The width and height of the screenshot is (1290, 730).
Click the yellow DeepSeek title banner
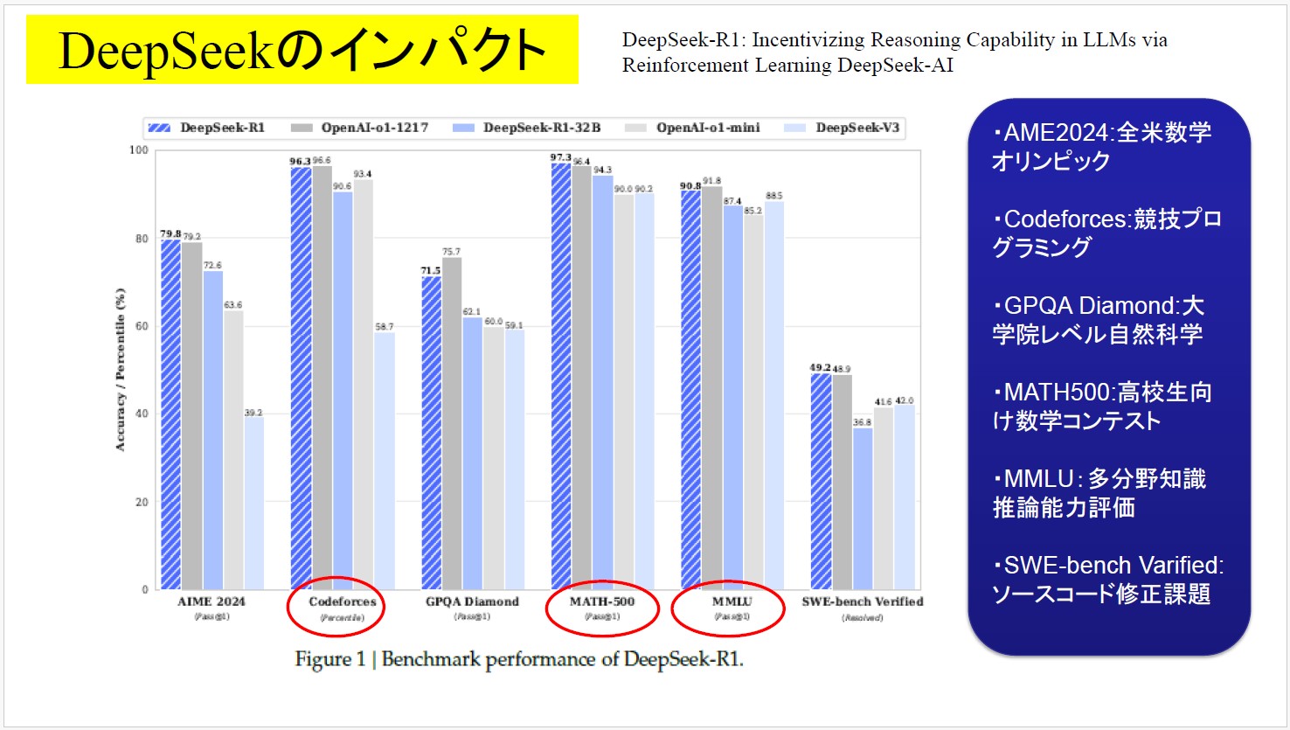tap(302, 50)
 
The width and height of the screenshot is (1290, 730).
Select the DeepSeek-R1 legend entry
tap(207, 128)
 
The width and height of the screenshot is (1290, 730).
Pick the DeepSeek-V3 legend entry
tap(843, 128)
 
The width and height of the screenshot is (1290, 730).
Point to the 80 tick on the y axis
tap(140, 239)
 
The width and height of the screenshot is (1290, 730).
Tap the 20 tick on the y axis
tap(140, 503)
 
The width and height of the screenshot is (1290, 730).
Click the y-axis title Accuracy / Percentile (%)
tap(121, 370)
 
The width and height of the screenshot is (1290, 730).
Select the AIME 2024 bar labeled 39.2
tap(253, 503)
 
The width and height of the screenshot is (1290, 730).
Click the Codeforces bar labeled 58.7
tap(385, 461)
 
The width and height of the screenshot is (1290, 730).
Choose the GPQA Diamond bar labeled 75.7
tap(452, 423)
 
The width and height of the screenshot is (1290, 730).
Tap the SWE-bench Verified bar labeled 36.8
tap(863, 508)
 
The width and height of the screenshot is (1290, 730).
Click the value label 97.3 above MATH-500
tap(560, 157)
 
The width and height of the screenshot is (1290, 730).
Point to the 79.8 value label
tap(170, 234)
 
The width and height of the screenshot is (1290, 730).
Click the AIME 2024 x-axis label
tap(212, 601)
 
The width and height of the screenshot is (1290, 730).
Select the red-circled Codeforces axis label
tap(342, 602)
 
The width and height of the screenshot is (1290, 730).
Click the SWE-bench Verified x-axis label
tap(862, 601)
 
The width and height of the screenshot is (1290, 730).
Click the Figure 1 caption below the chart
tap(519, 659)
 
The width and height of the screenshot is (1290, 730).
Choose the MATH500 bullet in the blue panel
tap(1101, 407)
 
